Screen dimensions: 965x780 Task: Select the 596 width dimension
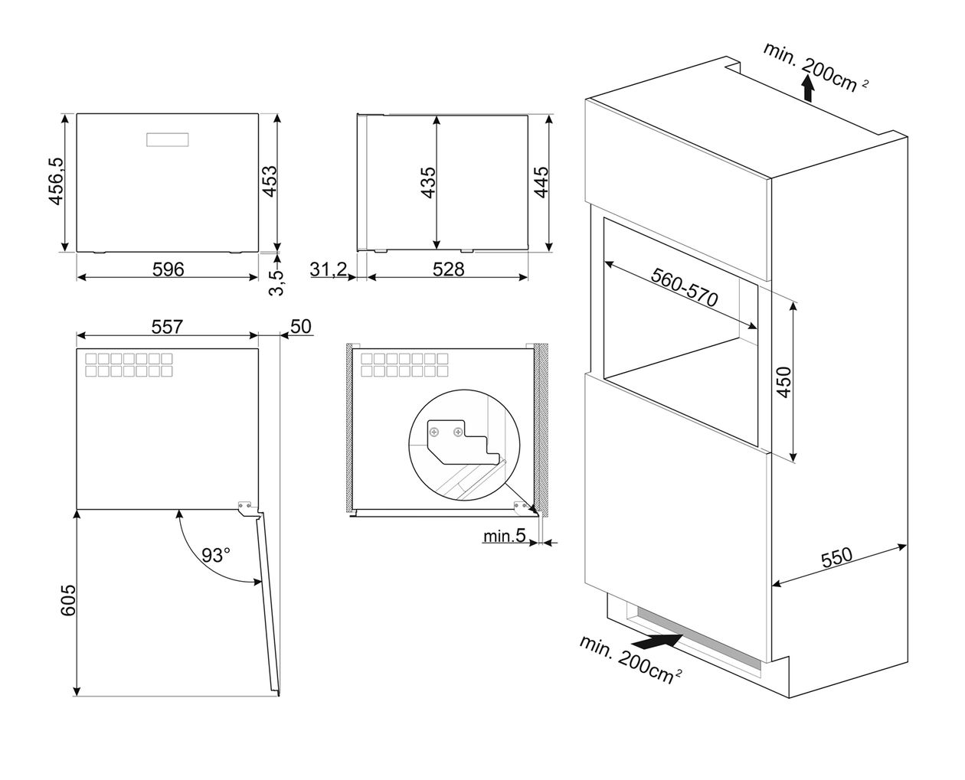click(168, 269)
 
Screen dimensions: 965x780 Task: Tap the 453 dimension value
click(270, 181)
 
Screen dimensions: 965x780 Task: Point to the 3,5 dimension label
click(276, 283)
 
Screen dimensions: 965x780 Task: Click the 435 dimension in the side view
click(428, 182)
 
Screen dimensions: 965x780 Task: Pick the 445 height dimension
click(541, 182)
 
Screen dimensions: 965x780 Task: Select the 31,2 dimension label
click(329, 269)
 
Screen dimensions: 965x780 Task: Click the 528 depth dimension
click(448, 269)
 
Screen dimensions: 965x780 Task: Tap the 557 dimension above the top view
click(167, 327)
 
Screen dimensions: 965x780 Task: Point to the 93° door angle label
click(216, 554)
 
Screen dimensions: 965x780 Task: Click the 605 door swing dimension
click(68, 600)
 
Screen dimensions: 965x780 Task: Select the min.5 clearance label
click(504, 536)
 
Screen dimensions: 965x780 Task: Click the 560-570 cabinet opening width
click(684, 287)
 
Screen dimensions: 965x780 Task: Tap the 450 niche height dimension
click(784, 383)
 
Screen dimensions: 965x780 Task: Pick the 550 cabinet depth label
click(836, 558)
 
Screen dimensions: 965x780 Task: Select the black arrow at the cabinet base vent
click(657, 642)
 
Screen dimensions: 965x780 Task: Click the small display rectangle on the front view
click(167, 140)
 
